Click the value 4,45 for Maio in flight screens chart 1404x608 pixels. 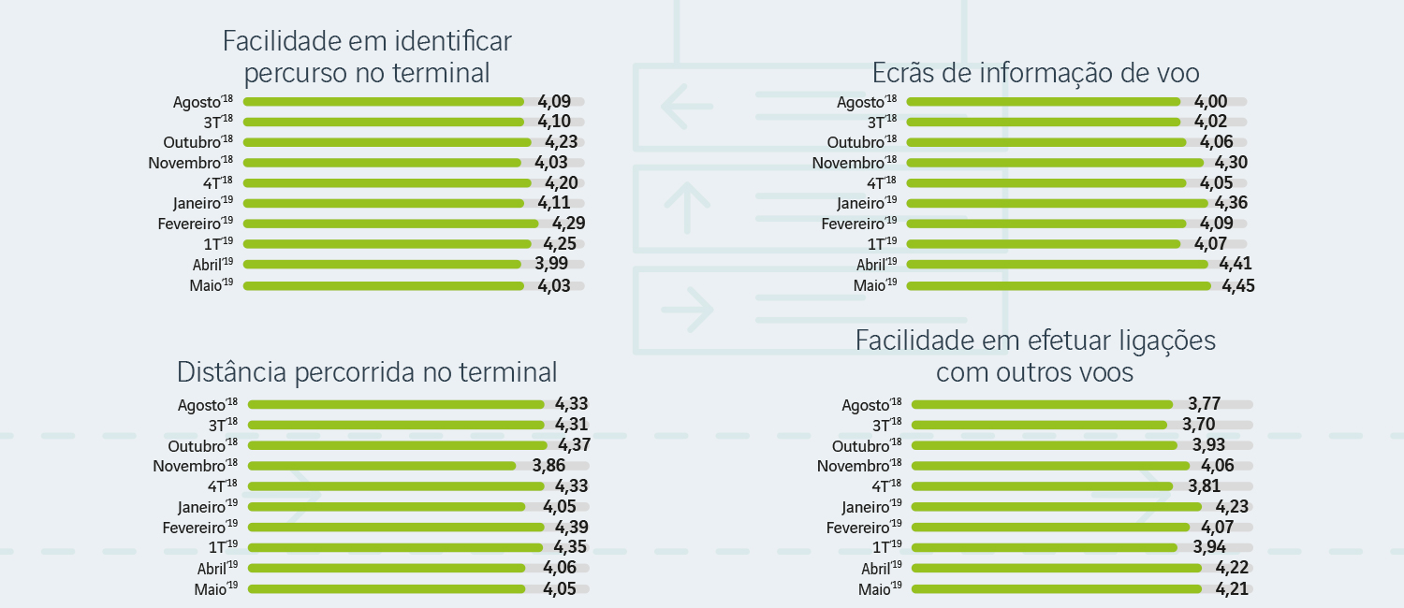[1238, 285]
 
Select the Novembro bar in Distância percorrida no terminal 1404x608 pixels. [382, 466]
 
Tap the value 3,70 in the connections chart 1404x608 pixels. [1199, 425]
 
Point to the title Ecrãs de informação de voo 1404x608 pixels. [1035, 73]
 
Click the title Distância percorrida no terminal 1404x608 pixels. [367, 372]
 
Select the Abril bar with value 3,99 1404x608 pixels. [382, 264]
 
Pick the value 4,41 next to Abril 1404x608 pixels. [1236, 265]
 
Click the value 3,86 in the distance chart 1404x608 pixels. [549, 466]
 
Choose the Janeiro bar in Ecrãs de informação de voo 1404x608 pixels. [1057, 203]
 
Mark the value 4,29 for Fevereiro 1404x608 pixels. [569, 224]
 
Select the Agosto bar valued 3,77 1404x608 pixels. [1042, 405]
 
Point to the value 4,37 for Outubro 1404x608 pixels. [574, 445]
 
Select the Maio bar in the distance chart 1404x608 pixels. [387, 589]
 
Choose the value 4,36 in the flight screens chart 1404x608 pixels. [1231, 203]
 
